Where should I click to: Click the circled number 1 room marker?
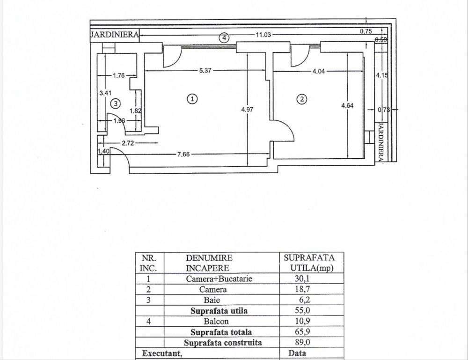click(191, 99)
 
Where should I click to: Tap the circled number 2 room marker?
click(302, 99)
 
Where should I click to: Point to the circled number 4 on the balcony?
click(225, 37)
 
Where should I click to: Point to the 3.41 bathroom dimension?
click(104, 93)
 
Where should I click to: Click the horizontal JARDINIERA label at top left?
click(114, 35)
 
